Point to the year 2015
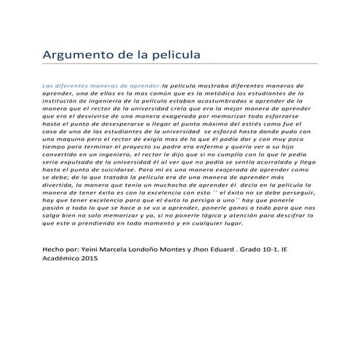tap(90, 258)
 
